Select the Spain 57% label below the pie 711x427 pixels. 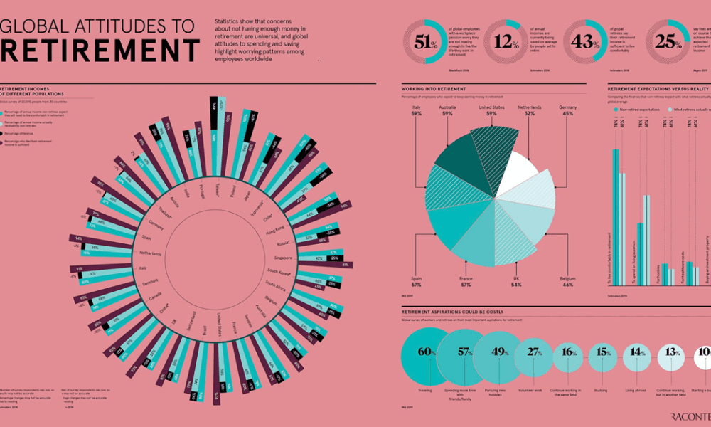417,281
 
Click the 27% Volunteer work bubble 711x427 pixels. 534,352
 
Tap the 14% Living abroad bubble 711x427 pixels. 637,352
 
